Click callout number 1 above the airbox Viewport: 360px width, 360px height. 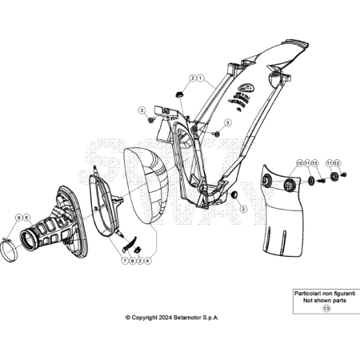[x=200, y=78]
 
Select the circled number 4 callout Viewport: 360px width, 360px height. [x=147, y=261]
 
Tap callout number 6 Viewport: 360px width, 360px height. [x=132, y=261]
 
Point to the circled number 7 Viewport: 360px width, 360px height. [x=125, y=261]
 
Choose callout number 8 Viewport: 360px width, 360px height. [x=26, y=218]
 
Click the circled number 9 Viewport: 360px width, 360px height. [x=18, y=218]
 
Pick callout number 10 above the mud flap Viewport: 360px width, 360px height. [x=300, y=163]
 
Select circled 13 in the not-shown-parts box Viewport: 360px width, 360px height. [x=326, y=309]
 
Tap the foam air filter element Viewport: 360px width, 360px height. [x=146, y=186]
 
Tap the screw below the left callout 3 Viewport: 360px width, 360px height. [x=151, y=120]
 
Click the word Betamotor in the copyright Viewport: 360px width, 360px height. [x=187, y=318]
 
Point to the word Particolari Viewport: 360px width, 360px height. [x=307, y=294]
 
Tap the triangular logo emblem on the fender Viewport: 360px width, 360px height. [x=246, y=87]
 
